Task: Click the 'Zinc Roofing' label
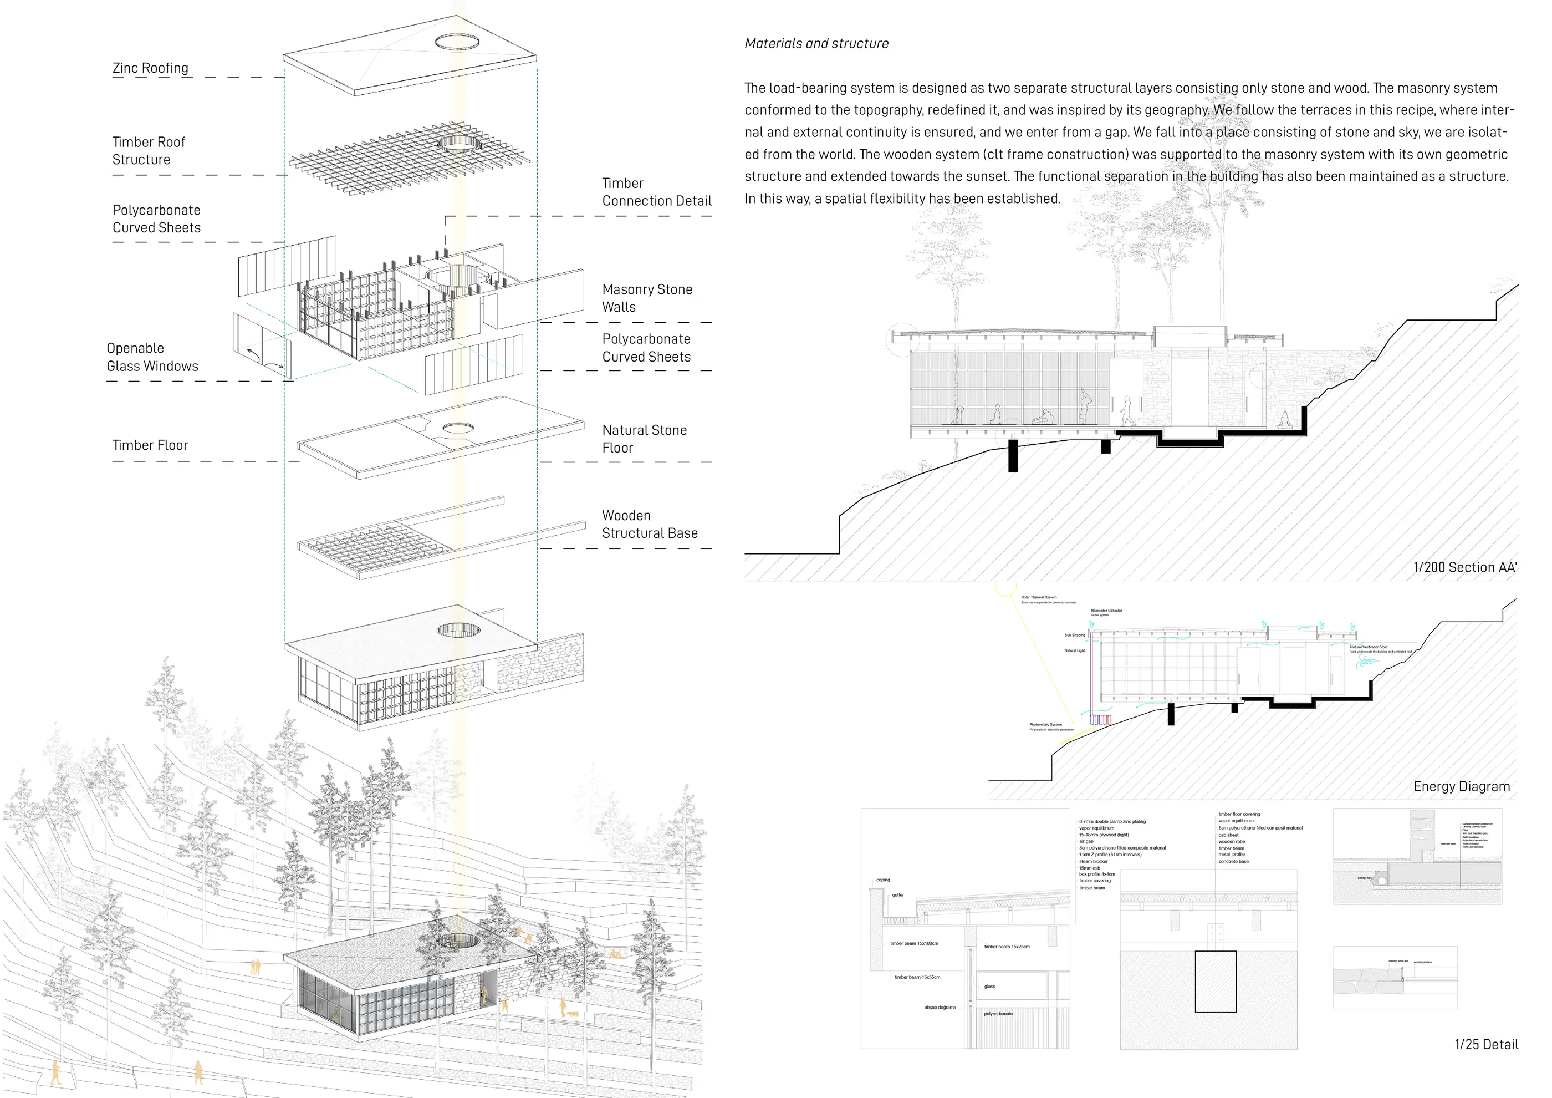[150, 68]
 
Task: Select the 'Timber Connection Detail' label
[656, 192]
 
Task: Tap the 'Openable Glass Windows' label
[152, 357]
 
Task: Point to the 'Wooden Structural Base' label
[650, 524]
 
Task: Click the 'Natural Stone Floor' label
[644, 439]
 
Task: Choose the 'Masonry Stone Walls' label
[647, 298]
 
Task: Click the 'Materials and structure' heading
[816, 44]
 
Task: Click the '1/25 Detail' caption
[1485, 1045]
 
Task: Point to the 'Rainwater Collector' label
[1106, 611]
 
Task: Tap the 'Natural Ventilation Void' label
[1368, 647]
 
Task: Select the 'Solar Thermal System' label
[1038, 598]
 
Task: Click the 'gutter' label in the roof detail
[898, 895]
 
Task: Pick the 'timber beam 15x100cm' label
[914, 943]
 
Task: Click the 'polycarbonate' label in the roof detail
[998, 1014]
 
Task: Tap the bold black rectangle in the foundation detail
[1216, 982]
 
